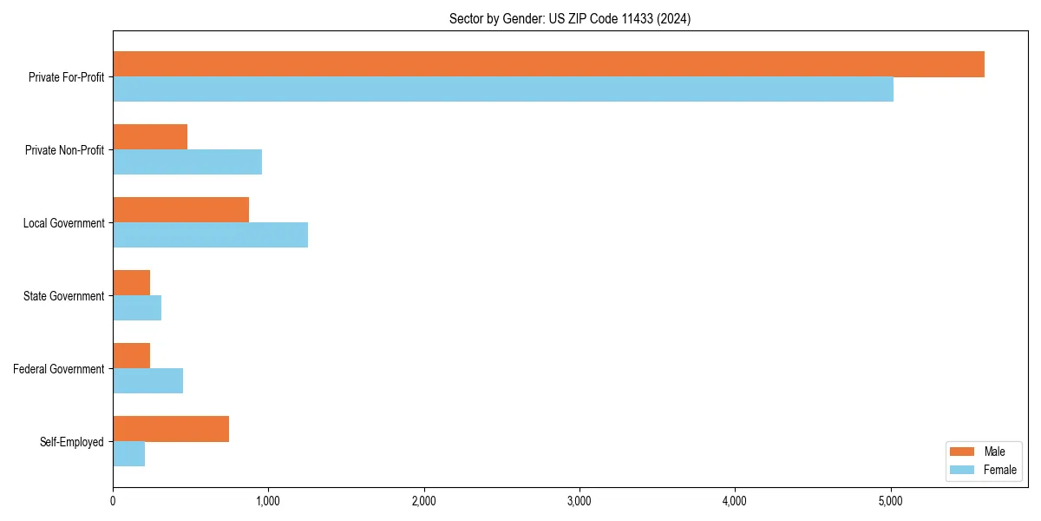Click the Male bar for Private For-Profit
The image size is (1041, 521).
coord(548,64)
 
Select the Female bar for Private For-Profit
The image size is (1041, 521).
coord(503,89)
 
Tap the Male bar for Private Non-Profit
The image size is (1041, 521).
coord(150,137)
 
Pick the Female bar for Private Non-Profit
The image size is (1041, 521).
coord(187,162)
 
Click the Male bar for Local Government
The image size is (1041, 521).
coord(180,210)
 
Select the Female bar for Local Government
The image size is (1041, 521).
coord(210,235)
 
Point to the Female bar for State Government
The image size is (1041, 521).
coord(137,308)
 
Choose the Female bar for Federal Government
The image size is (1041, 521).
coord(147,381)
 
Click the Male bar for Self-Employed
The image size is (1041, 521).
coord(171,429)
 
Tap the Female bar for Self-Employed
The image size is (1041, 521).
coord(128,454)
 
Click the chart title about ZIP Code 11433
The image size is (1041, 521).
coord(570,19)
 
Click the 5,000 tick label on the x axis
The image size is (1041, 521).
coord(890,501)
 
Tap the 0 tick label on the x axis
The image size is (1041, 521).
coord(113,501)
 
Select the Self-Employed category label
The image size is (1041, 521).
coord(72,442)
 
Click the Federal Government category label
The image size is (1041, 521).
coord(59,369)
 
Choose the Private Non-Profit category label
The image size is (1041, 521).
coord(64,150)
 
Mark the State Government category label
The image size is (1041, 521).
coord(63,296)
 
